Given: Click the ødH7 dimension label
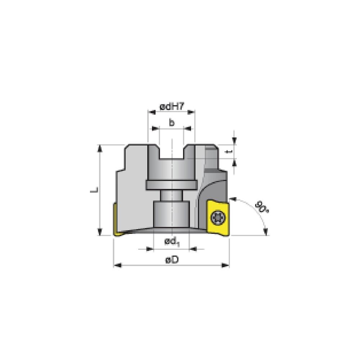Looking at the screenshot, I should click(171, 107).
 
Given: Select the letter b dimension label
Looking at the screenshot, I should click(172, 123).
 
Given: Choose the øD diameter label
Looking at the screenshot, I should click(172, 260).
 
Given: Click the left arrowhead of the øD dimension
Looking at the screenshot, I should click(116, 266).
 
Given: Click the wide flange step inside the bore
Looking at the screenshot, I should click(171, 185).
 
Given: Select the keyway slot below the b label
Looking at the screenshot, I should click(171, 151).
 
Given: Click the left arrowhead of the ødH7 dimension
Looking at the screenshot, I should click(150, 112).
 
